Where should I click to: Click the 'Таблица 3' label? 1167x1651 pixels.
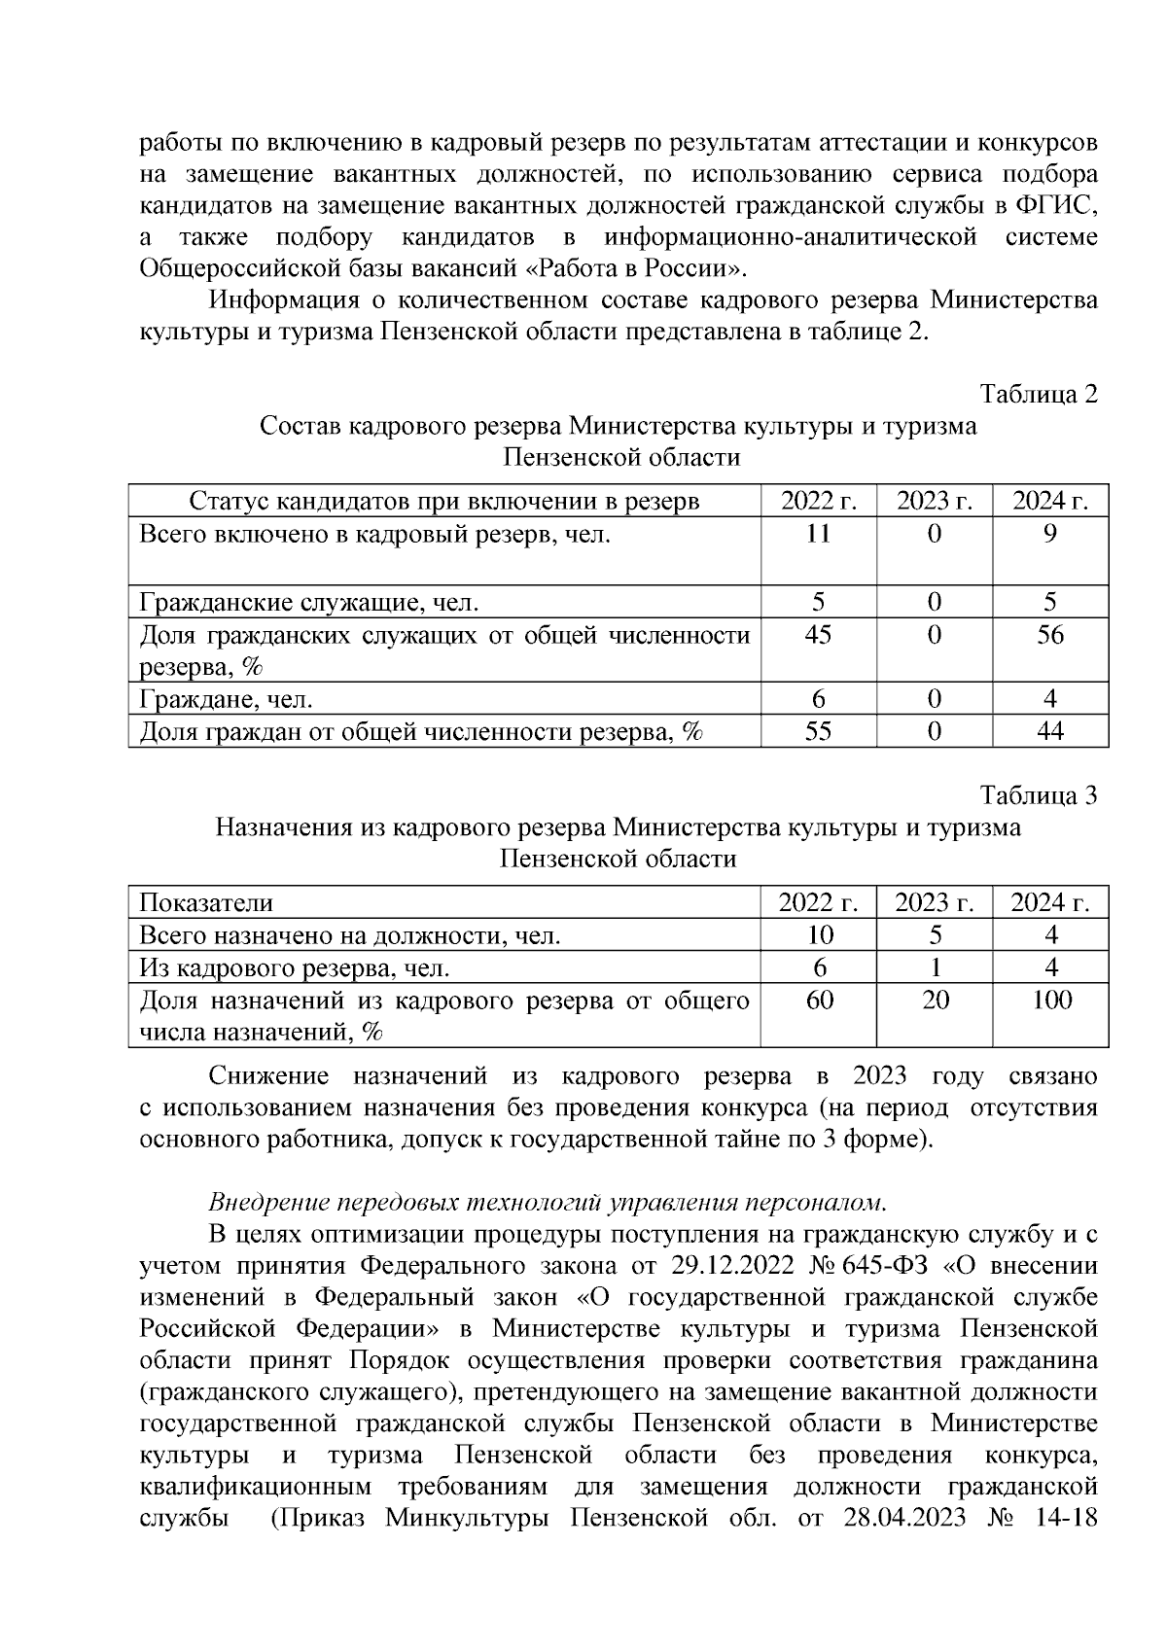pyautogui.click(x=1039, y=795)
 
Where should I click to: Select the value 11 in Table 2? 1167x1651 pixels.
pyautogui.click(x=818, y=534)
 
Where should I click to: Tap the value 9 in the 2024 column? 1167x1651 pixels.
pyautogui.click(x=1050, y=534)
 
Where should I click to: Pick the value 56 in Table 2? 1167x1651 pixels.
pyautogui.click(x=1050, y=635)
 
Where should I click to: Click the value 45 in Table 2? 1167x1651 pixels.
pyautogui.click(x=818, y=635)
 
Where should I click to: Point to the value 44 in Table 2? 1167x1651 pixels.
pyautogui.click(x=1050, y=730)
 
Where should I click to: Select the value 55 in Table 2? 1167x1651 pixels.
pyautogui.click(x=818, y=730)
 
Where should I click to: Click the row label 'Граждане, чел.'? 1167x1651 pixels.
pyautogui.click(x=226, y=699)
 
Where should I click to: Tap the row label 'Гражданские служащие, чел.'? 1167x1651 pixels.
pyautogui.click(x=309, y=603)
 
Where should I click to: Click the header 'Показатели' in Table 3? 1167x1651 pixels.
pyautogui.click(x=206, y=902)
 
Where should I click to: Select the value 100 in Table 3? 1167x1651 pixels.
pyautogui.click(x=1050, y=1000)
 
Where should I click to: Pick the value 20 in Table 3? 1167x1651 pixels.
pyautogui.click(x=935, y=1000)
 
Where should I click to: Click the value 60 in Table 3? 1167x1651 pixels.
pyautogui.click(x=819, y=1000)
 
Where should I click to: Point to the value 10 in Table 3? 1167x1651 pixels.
pyautogui.click(x=819, y=935)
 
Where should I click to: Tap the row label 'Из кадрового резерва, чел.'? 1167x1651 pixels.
pyautogui.click(x=295, y=967)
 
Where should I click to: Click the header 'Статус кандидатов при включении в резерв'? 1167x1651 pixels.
pyautogui.click(x=443, y=502)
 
